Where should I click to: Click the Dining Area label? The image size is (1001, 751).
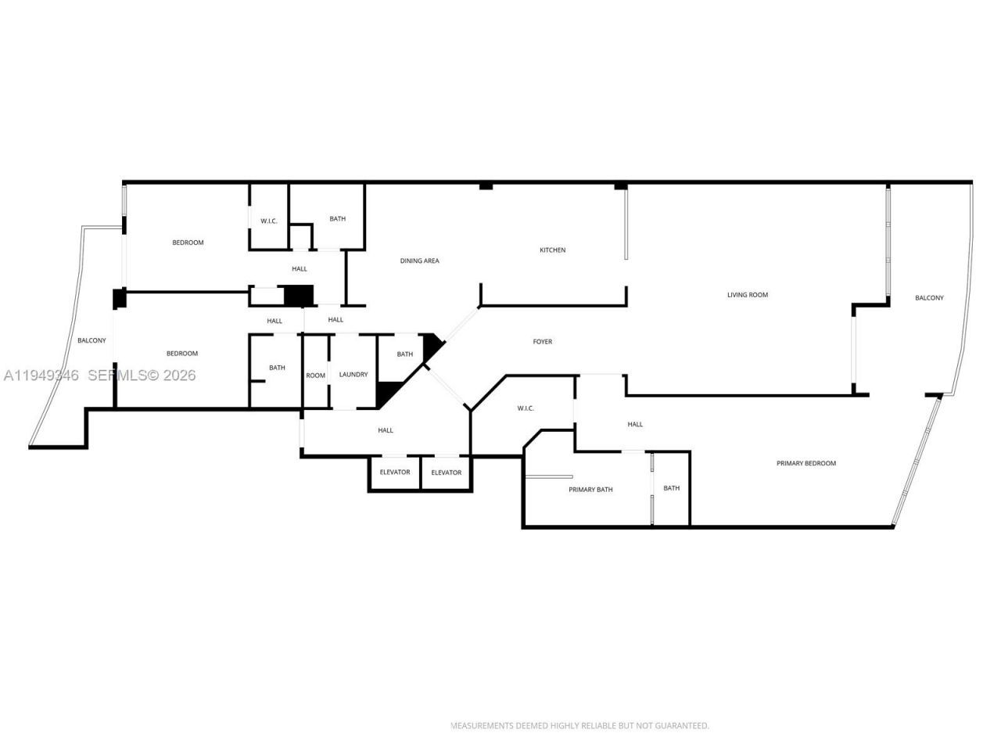point(419,261)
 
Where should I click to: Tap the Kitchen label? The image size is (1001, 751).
point(552,250)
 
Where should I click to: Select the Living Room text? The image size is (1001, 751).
point(747,295)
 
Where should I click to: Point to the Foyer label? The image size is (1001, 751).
point(542,342)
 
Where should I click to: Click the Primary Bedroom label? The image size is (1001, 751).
point(805,463)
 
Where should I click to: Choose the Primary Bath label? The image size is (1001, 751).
point(590,490)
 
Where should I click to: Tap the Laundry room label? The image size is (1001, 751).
point(353,375)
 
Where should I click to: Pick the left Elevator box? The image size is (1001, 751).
point(395,473)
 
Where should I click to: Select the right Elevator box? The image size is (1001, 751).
point(447,473)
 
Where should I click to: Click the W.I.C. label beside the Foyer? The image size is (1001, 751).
point(526,408)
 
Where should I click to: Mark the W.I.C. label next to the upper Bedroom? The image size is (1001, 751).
point(269,221)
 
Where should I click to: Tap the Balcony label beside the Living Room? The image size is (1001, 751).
point(929,298)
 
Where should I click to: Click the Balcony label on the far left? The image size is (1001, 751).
point(91,340)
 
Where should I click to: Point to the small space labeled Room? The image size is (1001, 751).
point(315,375)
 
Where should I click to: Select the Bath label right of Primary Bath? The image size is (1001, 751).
point(671,488)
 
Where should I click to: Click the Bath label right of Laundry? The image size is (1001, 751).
point(404,354)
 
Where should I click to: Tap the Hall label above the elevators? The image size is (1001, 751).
point(386,430)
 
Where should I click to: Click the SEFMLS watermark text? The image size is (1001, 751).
point(142,375)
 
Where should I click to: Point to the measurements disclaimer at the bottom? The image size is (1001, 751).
point(579,726)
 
